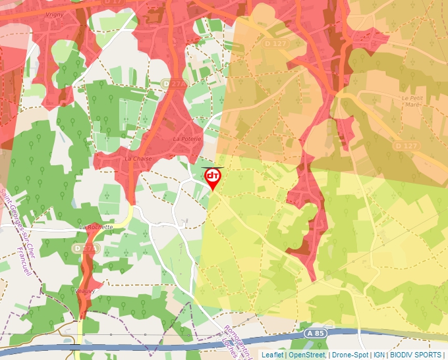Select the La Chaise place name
point(137,159)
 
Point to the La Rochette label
point(96,226)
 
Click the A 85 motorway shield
point(316,334)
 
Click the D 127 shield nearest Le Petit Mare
point(406,145)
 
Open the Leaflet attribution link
point(272,355)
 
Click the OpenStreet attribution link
point(307,355)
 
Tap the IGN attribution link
point(379,355)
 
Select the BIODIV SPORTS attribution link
point(415,355)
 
